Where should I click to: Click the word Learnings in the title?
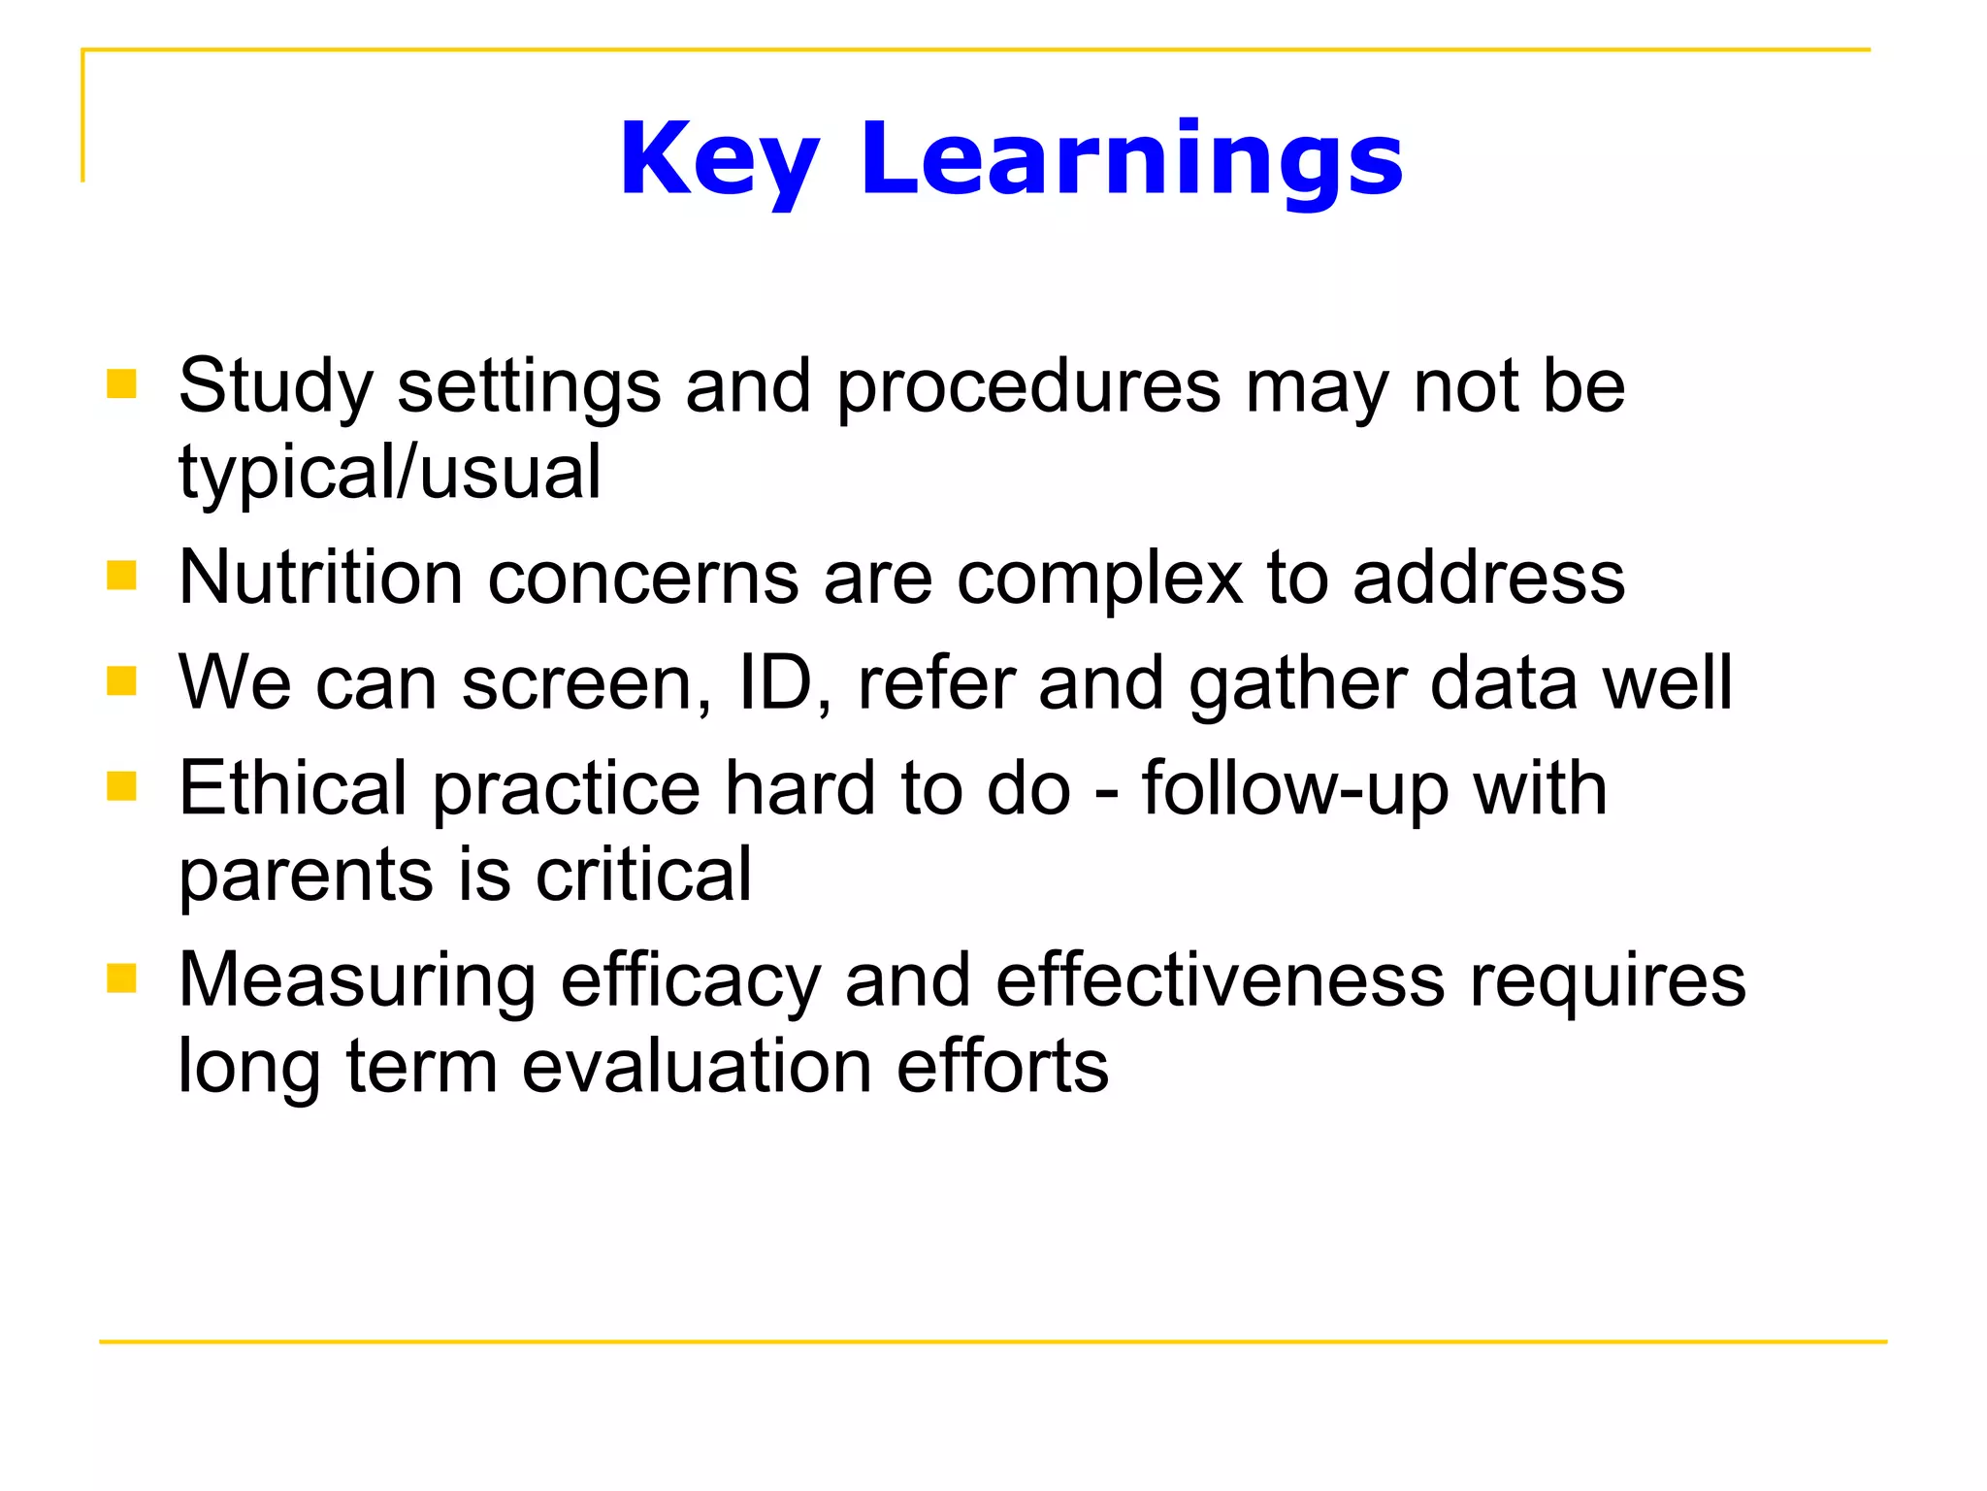point(1131,160)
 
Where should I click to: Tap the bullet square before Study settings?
point(121,384)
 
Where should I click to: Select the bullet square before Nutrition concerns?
point(121,576)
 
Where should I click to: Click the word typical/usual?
point(390,473)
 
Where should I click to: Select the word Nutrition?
point(320,578)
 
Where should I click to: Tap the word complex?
point(1098,580)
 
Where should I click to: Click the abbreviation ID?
point(784,683)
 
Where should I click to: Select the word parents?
point(306,877)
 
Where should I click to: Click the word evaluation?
point(697,1066)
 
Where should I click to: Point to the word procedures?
point(1028,388)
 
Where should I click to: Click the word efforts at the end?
point(1002,1066)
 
